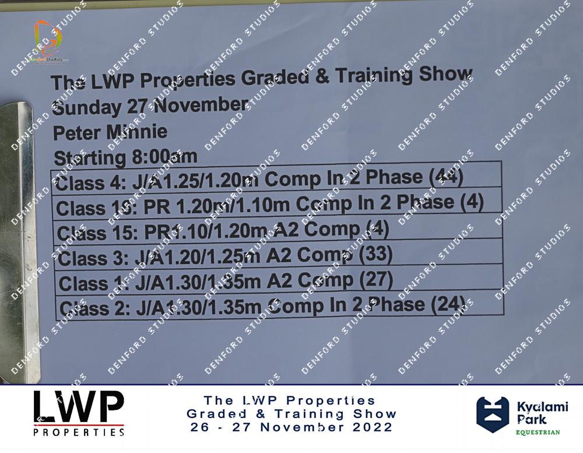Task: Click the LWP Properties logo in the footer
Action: [x=79, y=413]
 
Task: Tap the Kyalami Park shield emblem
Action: [x=493, y=415]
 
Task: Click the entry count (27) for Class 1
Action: [x=376, y=280]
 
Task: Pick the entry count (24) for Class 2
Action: [x=448, y=304]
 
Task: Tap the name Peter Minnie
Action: [x=110, y=132]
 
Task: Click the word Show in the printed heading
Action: [x=445, y=73]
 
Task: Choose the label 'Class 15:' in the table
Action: [x=97, y=233]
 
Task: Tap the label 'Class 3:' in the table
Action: [x=93, y=258]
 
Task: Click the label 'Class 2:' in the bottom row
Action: [x=95, y=308]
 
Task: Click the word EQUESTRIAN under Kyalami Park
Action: [x=538, y=432]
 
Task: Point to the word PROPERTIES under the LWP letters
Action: [x=79, y=432]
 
